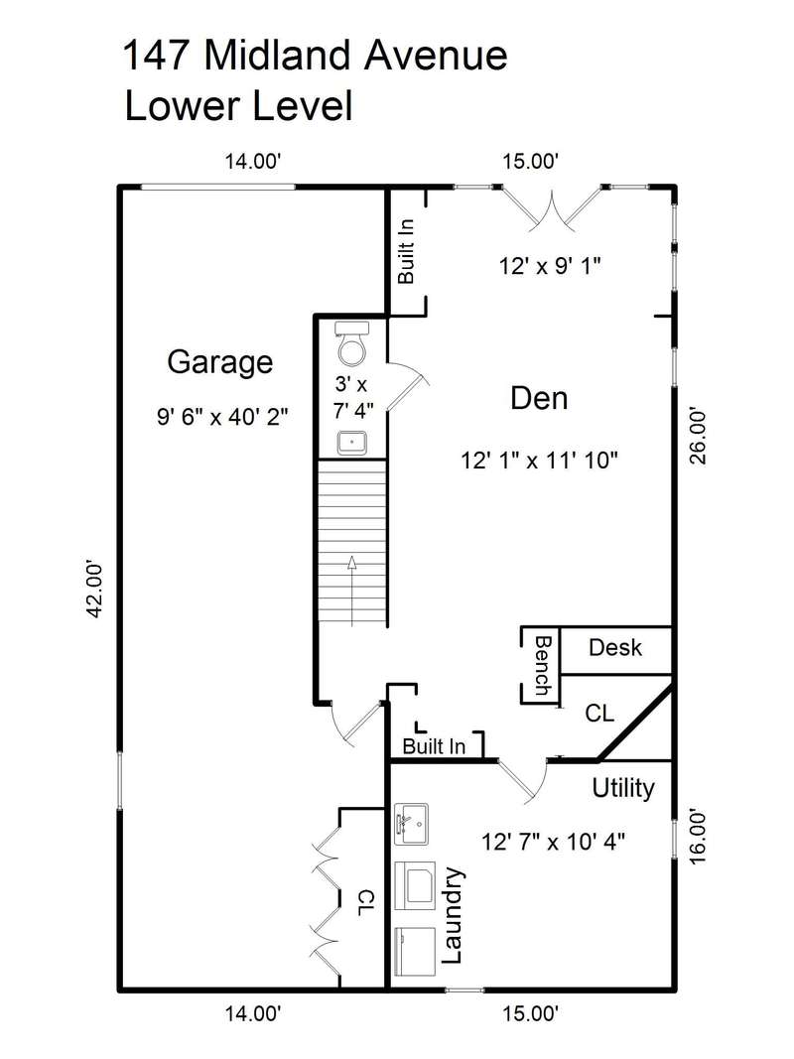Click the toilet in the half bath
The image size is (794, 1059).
point(352,342)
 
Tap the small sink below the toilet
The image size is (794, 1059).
point(351,443)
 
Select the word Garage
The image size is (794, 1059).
point(220,362)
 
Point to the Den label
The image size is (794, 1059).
point(539,398)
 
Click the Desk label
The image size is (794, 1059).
point(615,648)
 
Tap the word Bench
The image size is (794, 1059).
point(542,665)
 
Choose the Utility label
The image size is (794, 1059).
point(623,788)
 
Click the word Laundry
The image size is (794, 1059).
point(452,915)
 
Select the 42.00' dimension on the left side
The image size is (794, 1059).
point(96,588)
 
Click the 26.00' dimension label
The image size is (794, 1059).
point(698,435)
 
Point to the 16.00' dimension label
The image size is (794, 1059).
point(698,837)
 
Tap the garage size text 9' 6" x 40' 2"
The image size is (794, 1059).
point(222,417)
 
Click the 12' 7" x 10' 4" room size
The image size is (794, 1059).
point(553,843)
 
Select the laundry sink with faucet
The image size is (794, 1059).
point(411,824)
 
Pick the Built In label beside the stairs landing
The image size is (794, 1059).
point(434,746)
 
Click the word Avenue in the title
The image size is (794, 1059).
point(436,56)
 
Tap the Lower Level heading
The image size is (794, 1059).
point(239,106)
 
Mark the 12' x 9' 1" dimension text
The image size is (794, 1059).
point(550,266)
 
